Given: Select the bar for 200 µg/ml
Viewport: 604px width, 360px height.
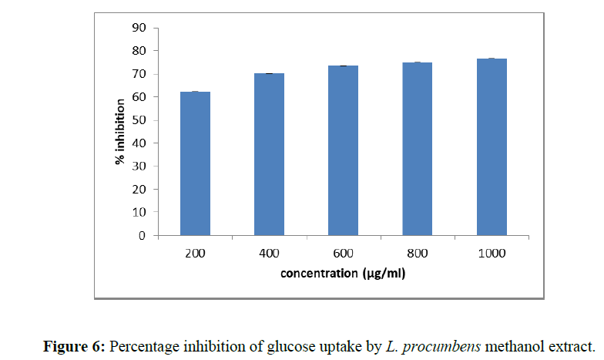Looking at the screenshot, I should (195, 163).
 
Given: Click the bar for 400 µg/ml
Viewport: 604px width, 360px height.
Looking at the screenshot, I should (270, 154).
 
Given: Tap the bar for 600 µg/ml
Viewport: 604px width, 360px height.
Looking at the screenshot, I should (344, 150).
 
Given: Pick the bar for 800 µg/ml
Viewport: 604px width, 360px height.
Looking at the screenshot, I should (418, 149).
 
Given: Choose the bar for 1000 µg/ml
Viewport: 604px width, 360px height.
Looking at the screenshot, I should (492, 146).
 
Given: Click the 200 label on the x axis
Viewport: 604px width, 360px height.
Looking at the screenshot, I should (195, 254).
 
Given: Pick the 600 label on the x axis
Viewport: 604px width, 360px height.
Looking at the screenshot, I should (344, 254).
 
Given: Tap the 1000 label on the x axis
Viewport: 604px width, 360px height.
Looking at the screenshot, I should (492, 254).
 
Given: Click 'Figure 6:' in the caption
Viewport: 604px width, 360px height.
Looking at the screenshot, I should (76, 346).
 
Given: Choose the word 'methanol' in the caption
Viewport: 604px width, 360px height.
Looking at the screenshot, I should (515, 346).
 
